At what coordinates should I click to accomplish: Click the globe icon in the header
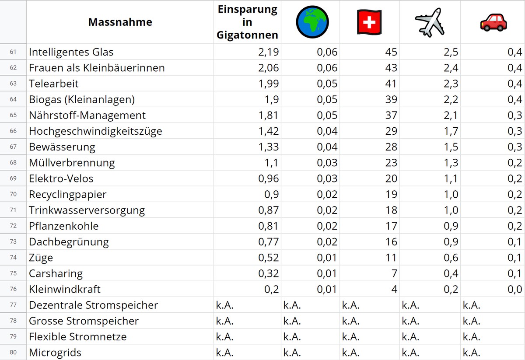(x=312, y=22)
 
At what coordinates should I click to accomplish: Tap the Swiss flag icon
(x=369, y=22)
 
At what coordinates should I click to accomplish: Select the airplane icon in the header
(x=430, y=22)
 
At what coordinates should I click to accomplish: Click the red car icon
(x=493, y=22)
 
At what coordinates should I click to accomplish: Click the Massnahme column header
(x=120, y=22)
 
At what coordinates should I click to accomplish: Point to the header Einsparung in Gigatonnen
(x=247, y=22)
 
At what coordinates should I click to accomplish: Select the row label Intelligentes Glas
(x=71, y=52)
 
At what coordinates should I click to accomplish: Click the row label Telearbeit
(x=54, y=84)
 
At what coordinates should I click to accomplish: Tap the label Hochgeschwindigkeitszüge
(x=95, y=131)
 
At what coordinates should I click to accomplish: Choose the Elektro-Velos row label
(x=61, y=178)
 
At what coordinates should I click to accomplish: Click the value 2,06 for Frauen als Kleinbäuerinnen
(x=268, y=68)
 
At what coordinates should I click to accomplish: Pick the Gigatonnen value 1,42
(x=268, y=131)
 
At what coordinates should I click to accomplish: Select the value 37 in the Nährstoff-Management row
(x=391, y=115)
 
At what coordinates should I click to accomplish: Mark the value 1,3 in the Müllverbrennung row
(x=451, y=163)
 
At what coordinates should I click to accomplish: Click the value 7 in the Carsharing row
(x=394, y=273)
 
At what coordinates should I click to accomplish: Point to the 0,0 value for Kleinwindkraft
(x=515, y=289)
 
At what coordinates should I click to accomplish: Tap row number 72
(x=13, y=226)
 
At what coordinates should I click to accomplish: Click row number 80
(x=13, y=352)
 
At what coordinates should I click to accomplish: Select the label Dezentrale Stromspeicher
(x=93, y=305)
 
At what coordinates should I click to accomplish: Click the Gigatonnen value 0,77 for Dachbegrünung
(x=268, y=241)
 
